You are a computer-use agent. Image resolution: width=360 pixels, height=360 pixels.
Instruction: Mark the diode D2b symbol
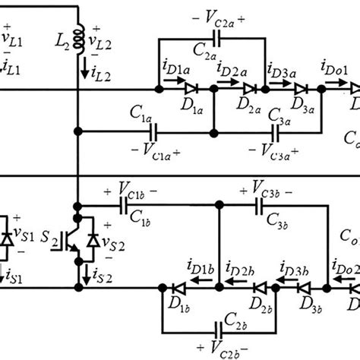(x=259, y=288)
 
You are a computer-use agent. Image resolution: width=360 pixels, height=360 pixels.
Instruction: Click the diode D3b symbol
(x=306, y=288)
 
